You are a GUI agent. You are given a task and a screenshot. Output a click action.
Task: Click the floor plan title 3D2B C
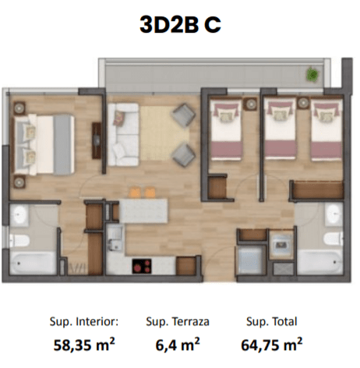point(180,24)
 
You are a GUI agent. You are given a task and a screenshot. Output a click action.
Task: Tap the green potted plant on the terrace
point(312,75)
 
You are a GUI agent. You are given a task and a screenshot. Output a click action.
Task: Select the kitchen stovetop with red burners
point(142,266)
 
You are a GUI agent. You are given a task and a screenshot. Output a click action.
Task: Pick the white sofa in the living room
point(123,134)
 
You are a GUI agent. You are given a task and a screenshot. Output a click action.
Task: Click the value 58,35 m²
point(84,345)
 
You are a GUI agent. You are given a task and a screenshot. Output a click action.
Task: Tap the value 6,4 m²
point(178,345)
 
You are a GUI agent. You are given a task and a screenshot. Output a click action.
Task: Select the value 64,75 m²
point(272,345)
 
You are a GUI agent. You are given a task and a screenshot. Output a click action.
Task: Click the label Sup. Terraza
point(178,322)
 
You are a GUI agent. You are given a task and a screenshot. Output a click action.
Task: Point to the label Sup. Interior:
point(84,322)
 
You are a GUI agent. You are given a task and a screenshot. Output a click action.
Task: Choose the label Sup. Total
point(272,322)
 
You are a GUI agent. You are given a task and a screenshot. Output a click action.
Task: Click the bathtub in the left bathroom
point(33,263)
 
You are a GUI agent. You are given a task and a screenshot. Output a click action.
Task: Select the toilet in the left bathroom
point(19,241)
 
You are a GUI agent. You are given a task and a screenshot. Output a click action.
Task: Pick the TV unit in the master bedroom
point(97,140)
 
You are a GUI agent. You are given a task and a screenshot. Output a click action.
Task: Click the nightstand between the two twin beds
point(303,103)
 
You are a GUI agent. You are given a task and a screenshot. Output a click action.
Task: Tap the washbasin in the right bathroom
point(334,214)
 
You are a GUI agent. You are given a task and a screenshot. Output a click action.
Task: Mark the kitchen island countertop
point(143,211)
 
